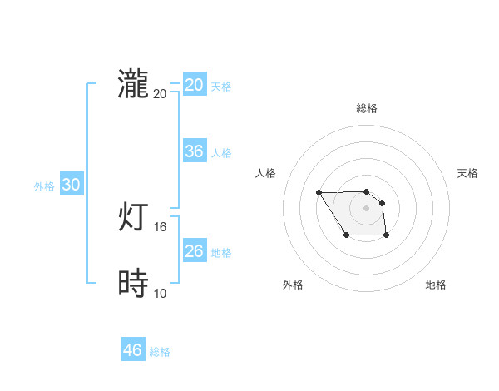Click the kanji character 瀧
[133, 85]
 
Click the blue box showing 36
[195, 151]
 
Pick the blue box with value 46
[133, 350]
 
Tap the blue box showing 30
[72, 186]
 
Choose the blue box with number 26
[195, 251]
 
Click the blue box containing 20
[195, 85]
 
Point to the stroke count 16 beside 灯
[161, 226]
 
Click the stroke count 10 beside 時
[161, 293]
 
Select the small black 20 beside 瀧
[161, 93]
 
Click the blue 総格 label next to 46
[160, 352]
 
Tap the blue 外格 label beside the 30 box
[44, 186]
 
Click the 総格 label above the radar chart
[366, 108]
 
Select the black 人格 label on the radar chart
[266, 173]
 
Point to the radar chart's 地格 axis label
[436, 285]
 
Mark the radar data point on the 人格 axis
[319, 192]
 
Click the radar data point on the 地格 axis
[387, 237]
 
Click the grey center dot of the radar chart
[366, 207]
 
